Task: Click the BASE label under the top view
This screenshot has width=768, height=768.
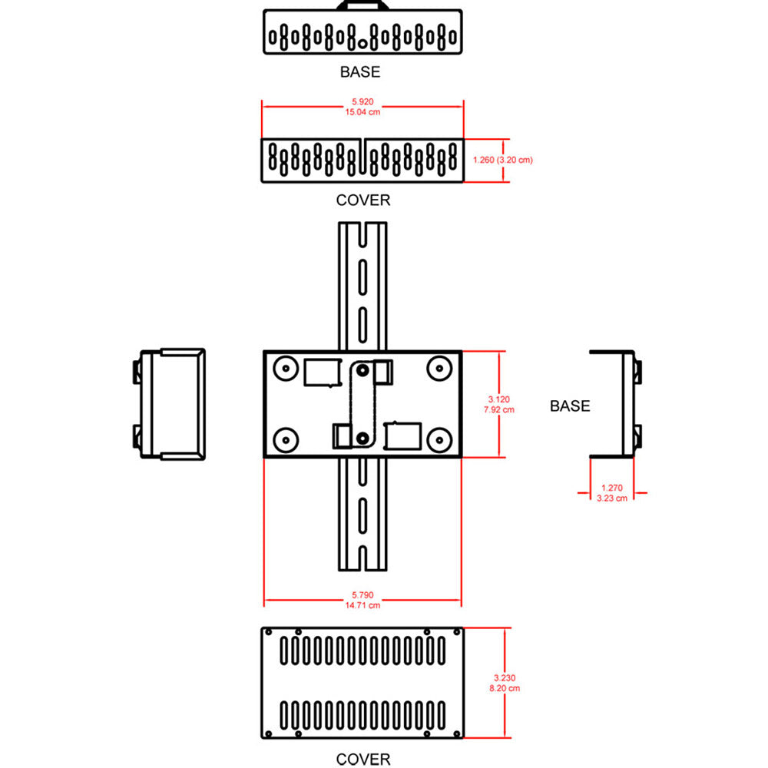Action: point(360,72)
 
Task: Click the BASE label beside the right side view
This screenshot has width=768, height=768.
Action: point(570,406)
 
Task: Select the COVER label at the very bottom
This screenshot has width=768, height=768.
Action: point(363,759)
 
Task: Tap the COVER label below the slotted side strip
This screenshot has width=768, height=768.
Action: point(363,200)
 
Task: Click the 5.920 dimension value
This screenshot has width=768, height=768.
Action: point(363,101)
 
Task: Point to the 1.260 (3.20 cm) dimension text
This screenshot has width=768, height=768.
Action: point(502,161)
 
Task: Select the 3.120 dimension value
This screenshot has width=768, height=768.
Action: point(498,399)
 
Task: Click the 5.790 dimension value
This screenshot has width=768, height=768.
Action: point(363,595)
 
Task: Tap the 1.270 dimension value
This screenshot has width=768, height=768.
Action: point(612,488)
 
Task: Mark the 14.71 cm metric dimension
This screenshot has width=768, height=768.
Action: point(363,606)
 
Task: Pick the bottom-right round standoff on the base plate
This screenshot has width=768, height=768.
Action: point(439,440)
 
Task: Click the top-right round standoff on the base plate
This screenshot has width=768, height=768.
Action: point(439,366)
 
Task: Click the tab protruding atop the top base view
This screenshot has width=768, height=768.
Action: point(362,5)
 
